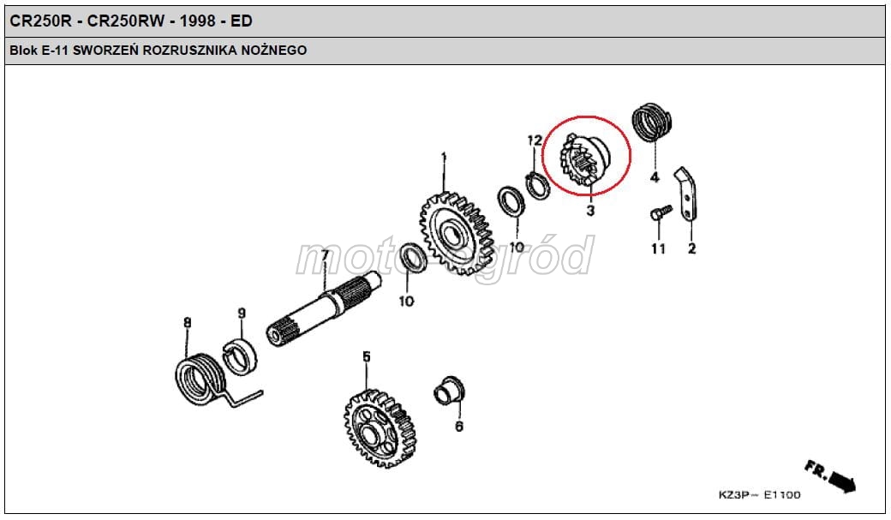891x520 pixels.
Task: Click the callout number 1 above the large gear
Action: coord(444,157)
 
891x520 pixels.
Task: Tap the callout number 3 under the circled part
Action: coord(590,210)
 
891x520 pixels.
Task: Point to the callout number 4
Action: coord(655,177)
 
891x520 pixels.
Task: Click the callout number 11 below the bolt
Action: coord(657,248)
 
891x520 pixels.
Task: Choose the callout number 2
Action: coord(691,248)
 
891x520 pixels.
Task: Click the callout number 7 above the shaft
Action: coord(326,255)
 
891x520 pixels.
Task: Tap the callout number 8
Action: coord(188,323)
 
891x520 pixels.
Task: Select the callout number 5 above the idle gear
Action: coord(366,356)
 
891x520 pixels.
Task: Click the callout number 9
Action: coord(242,314)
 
